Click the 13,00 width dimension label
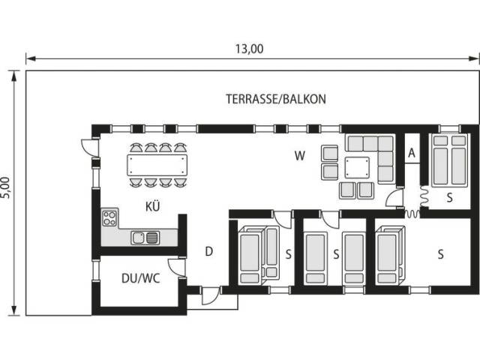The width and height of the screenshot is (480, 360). (249, 49)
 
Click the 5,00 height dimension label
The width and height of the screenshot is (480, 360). (7, 187)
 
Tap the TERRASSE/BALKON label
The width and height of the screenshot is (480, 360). (276, 99)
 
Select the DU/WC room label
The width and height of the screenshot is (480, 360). (141, 278)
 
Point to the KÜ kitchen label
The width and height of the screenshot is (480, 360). (153, 206)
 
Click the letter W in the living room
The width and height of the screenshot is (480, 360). (300, 156)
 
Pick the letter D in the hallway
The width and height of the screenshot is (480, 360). (208, 251)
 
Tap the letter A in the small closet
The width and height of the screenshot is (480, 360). (412, 152)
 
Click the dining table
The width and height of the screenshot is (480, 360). (157, 165)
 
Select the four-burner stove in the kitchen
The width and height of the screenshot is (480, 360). (109, 218)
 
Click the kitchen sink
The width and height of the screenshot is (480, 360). (145, 238)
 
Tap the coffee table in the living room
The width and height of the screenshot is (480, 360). (357, 167)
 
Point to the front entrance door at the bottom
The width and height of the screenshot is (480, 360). (211, 295)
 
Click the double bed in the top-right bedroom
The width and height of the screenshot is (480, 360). (450, 160)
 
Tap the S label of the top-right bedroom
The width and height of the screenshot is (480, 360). (449, 198)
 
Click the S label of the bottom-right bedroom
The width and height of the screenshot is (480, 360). (440, 254)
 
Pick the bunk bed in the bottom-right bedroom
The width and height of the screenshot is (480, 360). (390, 256)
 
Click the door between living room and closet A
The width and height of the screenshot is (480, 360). (394, 197)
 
